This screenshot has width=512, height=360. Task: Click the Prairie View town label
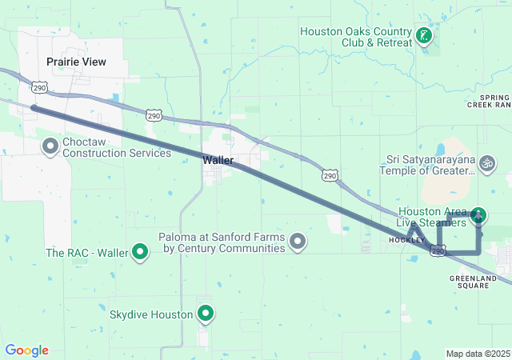point(76,62)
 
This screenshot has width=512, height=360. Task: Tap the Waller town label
point(218,160)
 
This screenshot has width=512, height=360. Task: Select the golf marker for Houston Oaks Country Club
point(424,36)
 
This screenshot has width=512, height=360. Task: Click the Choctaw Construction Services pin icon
point(50,146)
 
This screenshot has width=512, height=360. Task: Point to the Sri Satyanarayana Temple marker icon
point(486,165)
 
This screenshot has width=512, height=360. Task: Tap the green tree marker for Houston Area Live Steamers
point(478,214)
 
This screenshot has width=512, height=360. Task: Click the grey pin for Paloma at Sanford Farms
point(298,241)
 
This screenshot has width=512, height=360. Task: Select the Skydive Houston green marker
point(206,314)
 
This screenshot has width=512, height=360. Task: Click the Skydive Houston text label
point(151,314)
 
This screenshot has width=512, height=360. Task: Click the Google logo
point(26,350)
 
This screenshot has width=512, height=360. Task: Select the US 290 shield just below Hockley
point(438,251)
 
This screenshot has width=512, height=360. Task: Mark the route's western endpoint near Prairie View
point(33,107)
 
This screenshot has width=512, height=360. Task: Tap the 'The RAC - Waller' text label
point(86,253)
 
